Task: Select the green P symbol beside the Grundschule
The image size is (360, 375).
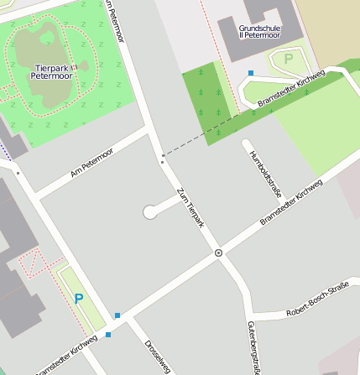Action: point(289,60)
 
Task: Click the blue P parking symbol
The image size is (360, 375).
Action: point(79,298)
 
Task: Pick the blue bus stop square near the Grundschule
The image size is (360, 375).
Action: point(251,73)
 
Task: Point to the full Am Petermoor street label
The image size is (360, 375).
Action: point(91,163)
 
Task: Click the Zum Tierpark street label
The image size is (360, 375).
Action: point(190,208)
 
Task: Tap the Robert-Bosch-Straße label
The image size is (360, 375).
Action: point(316,300)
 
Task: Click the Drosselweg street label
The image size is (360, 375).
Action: point(157,356)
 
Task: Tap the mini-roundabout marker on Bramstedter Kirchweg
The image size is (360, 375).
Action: point(218,253)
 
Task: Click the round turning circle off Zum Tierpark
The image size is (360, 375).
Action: point(150,212)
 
